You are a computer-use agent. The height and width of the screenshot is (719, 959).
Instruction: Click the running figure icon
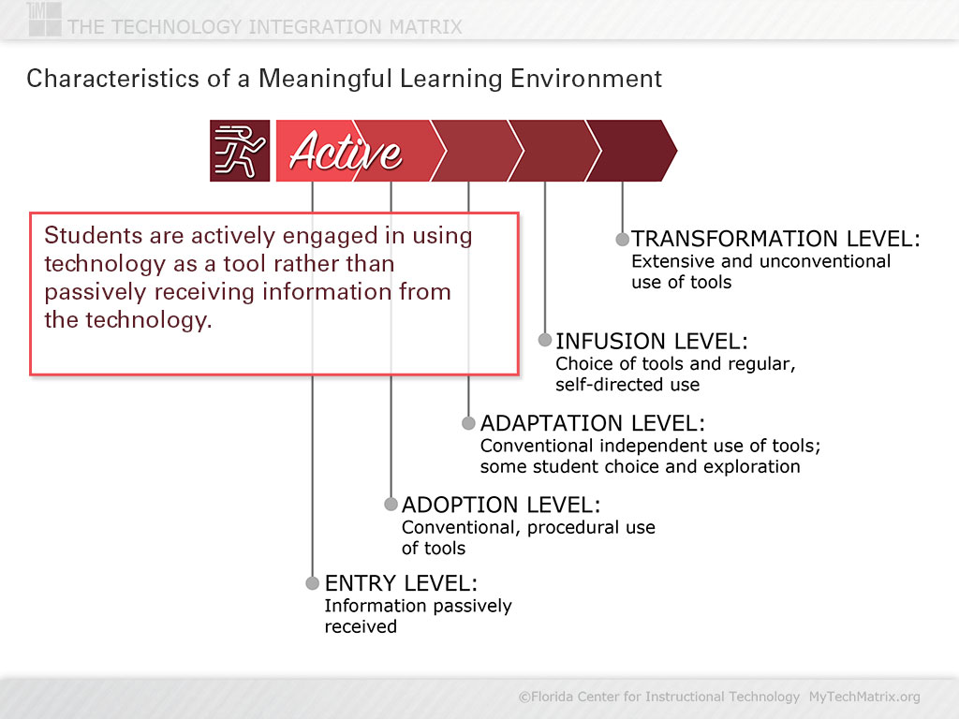pyautogui.click(x=240, y=151)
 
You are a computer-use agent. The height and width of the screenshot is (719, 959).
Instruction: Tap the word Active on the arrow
pyautogui.click(x=346, y=151)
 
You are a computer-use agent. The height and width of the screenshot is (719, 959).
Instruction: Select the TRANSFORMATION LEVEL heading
pyautogui.click(x=775, y=238)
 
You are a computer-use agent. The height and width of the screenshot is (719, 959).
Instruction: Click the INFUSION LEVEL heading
pyautogui.click(x=652, y=341)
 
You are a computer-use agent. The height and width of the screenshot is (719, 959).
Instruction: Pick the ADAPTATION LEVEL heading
pyautogui.click(x=593, y=422)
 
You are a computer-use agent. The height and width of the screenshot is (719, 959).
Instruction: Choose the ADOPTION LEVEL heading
pyautogui.click(x=501, y=505)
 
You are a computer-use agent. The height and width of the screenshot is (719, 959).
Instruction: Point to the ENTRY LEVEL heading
pyautogui.click(x=401, y=582)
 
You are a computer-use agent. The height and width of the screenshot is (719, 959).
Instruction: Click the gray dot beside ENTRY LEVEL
pyautogui.click(x=313, y=582)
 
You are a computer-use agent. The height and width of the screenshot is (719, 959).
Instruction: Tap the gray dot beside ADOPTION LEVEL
pyautogui.click(x=391, y=504)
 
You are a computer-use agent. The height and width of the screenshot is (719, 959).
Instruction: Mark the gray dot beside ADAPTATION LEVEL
pyautogui.click(x=468, y=422)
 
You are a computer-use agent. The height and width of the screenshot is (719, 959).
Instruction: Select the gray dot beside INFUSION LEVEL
pyautogui.click(x=545, y=339)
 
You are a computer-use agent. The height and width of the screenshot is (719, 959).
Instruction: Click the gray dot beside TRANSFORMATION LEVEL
pyautogui.click(x=622, y=239)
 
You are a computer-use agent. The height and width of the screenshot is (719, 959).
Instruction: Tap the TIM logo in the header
pyautogui.click(x=44, y=19)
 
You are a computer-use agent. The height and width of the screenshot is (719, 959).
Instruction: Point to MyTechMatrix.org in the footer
pyautogui.click(x=864, y=697)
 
